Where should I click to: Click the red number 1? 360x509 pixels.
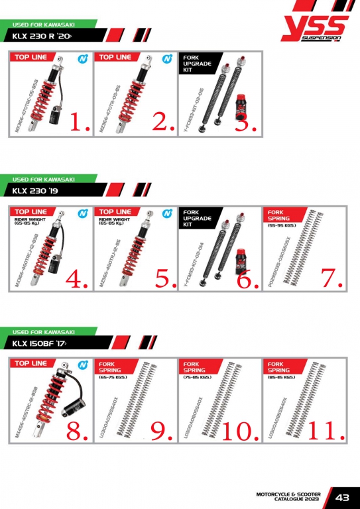79,122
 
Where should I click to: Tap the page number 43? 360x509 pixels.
343,497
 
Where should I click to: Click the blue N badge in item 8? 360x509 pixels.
82,365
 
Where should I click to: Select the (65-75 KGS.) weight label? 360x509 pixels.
113,377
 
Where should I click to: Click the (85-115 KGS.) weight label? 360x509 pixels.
282,377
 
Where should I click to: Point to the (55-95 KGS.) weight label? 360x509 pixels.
282,225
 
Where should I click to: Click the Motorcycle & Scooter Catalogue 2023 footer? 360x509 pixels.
292,497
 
